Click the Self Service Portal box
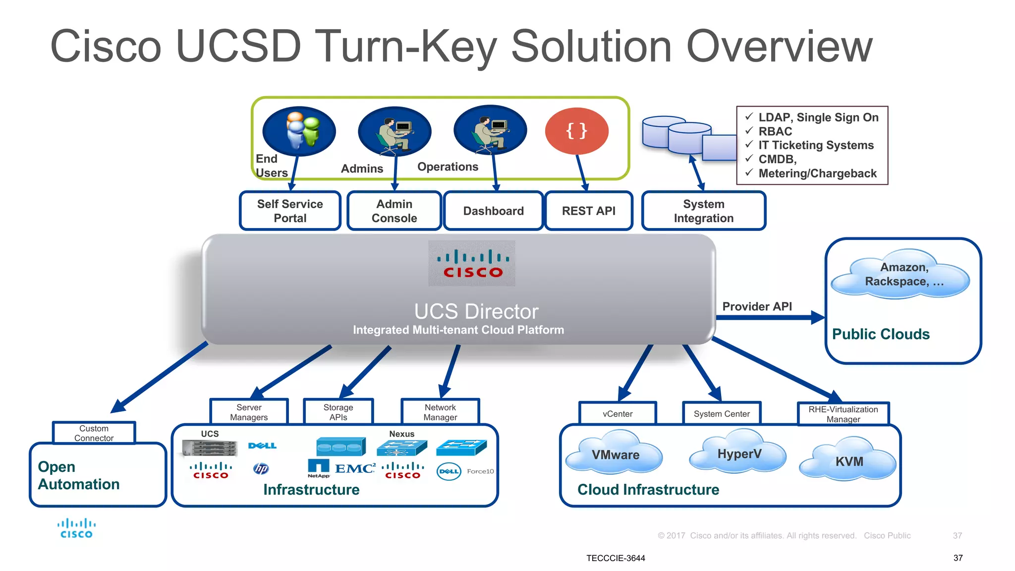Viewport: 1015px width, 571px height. tap(290, 211)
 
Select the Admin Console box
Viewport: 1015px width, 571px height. tap(394, 211)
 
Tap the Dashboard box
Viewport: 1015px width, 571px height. tap(493, 211)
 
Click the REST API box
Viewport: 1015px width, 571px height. tap(588, 211)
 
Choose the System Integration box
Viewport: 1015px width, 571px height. tap(703, 211)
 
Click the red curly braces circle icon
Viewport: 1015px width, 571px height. tap(576, 131)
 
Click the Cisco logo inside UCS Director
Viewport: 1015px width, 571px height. tap(472, 264)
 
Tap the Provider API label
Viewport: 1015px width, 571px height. tap(757, 306)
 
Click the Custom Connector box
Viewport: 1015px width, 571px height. tap(94, 433)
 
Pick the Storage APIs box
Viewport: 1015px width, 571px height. tap(338, 412)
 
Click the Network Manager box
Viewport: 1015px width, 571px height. tap(440, 412)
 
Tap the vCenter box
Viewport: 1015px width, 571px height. tap(618, 413)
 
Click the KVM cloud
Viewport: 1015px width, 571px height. tap(848, 460)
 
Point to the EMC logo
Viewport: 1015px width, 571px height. tap(355, 468)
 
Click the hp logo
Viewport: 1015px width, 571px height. tap(261, 468)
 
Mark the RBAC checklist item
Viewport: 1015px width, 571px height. tap(775, 131)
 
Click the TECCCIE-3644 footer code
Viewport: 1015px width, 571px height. tap(616, 558)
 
